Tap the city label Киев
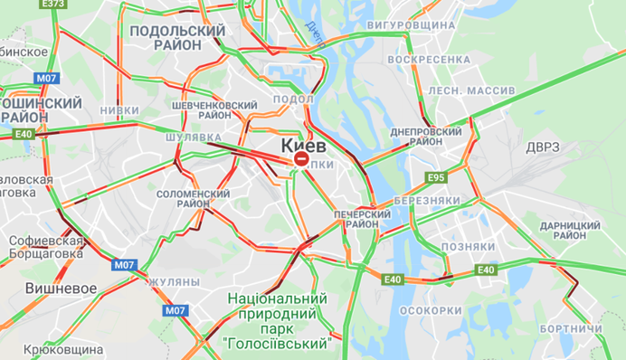[x=304, y=144]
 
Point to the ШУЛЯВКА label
[x=194, y=137]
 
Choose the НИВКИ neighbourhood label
[x=119, y=110]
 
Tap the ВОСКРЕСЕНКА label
[x=428, y=59]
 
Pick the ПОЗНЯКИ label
[x=468, y=246]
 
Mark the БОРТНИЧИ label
[x=576, y=327]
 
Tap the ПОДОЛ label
[x=292, y=99]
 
